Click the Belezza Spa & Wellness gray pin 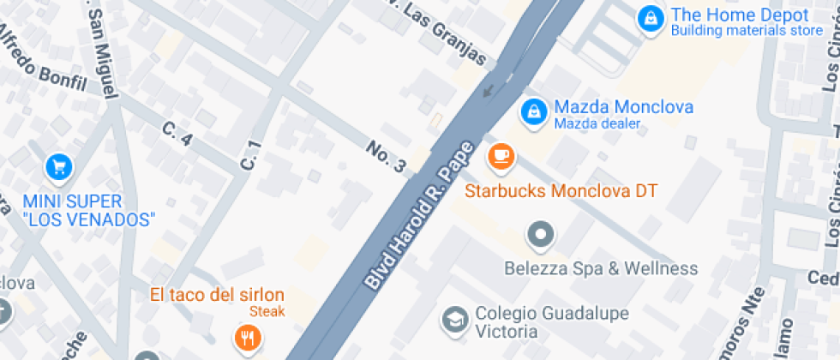[x=541, y=233]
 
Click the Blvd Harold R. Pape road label [x=420, y=215]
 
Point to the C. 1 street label [x=249, y=154]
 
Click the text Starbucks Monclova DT [x=561, y=190]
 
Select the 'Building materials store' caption [x=746, y=32]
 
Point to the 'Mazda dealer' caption [x=597, y=124]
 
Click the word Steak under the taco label [x=267, y=312]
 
